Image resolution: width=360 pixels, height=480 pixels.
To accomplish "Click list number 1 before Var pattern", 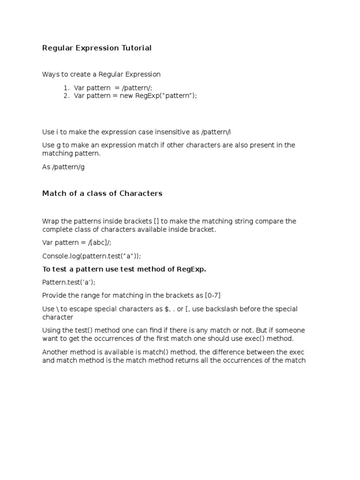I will pyautogui.click(x=67, y=88).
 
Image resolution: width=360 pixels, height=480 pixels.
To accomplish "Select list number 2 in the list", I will pyautogui.click(x=67, y=96).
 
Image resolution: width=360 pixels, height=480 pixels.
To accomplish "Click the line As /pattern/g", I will pyautogui.click(x=63, y=167).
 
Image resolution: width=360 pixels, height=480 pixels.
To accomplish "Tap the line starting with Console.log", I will pyautogui.click(x=91, y=256).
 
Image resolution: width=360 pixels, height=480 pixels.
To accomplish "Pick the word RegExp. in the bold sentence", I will pyautogui.click(x=191, y=269).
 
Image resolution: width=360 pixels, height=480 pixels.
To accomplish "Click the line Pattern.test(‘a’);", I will pyautogui.click(x=71, y=282).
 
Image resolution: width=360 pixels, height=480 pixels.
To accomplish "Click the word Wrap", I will pyautogui.click(x=50, y=221).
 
